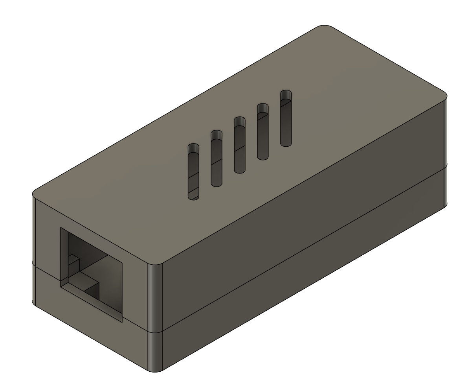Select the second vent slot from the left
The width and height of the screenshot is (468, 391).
point(217,159)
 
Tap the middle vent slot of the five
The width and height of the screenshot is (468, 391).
point(240,145)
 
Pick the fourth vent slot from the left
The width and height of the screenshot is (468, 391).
point(263,132)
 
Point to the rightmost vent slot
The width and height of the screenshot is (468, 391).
point(286,118)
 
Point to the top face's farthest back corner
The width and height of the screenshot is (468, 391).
point(325,27)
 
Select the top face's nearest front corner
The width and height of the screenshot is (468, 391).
point(155,262)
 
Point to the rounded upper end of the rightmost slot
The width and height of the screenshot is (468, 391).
point(286,95)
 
